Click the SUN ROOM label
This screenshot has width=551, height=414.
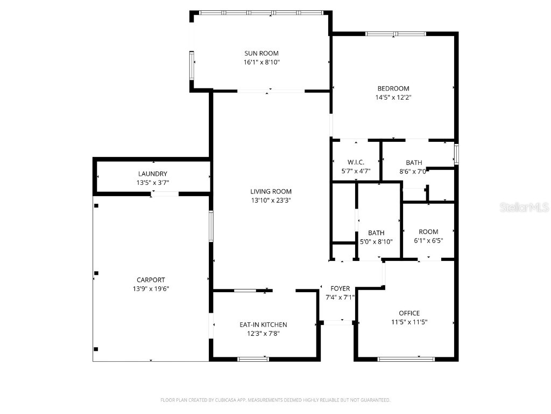tap(262, 53)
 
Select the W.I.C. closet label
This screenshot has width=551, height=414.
tap(356, 162)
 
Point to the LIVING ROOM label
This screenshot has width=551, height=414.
tap(271, 191)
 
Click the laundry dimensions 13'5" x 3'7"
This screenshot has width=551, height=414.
tap(152, 183)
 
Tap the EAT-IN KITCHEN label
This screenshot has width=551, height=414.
tap(263, 325)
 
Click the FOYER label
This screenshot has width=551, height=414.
tap(340, 289)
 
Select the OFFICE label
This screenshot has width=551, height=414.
tap(409, 313)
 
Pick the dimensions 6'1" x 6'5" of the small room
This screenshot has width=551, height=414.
tap(428, 241)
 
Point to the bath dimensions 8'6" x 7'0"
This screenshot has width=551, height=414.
tap(413, 171)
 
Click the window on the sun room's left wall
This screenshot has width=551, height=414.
tap(192, 65)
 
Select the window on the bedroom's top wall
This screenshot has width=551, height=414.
tap(395, 34)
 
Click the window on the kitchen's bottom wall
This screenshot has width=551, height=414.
tap(253, 359)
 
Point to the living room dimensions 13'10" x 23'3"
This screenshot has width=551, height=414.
tap(271, 201)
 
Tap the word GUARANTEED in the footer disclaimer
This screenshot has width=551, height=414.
tap(373, 400)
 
